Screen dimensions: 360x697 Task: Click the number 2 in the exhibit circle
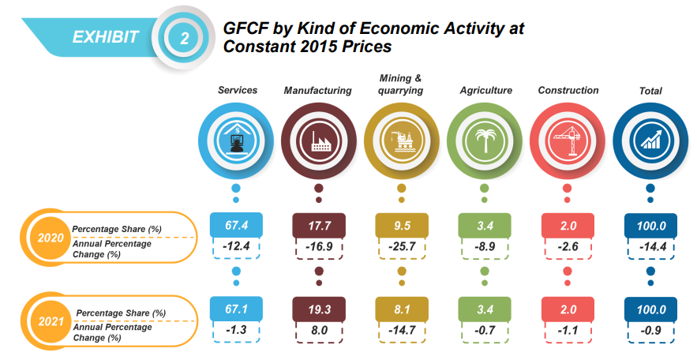click(x=185, y=36)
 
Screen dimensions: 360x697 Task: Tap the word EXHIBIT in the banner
click(x=106, y=36)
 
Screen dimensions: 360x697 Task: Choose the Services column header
click(x=238, y=90)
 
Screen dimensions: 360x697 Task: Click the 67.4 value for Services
click(x=236, y=225)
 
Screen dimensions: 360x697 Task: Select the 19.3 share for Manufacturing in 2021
click(x=319, y=309)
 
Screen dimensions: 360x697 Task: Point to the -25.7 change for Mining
click(x=402, y=248)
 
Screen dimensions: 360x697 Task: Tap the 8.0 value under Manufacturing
click(x=319, y=331)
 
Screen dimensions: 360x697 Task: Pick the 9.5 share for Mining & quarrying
click(x=402, y=225)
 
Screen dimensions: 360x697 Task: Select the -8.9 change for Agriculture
click(x=484, y=248)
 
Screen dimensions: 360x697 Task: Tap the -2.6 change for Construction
click(x=567, y=248)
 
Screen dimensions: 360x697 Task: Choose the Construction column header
click(x=568, y=90)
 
